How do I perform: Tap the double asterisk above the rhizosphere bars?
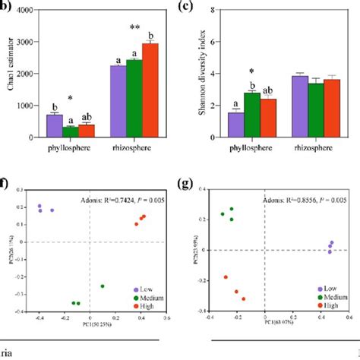click(x=133, y=27)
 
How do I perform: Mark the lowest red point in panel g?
click(x=243, y=298)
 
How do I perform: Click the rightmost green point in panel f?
click(x=102, y=286)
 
